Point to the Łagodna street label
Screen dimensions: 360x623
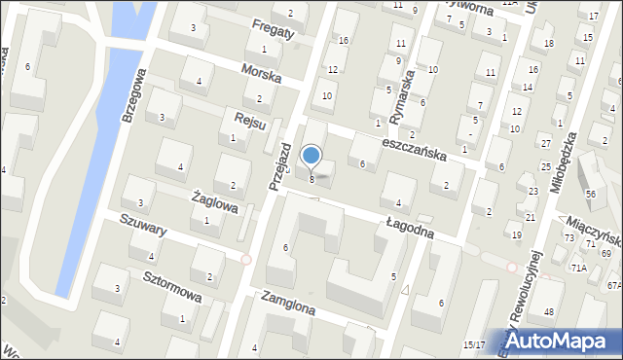click(x=420, y=230)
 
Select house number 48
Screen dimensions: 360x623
click(x=549, y=311)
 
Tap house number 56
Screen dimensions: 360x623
click(x=590, y=196)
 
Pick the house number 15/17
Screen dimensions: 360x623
click(x=473, y=344)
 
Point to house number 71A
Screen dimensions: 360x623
click(x=579, y=267)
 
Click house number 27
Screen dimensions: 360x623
click(x=546, y=143)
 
